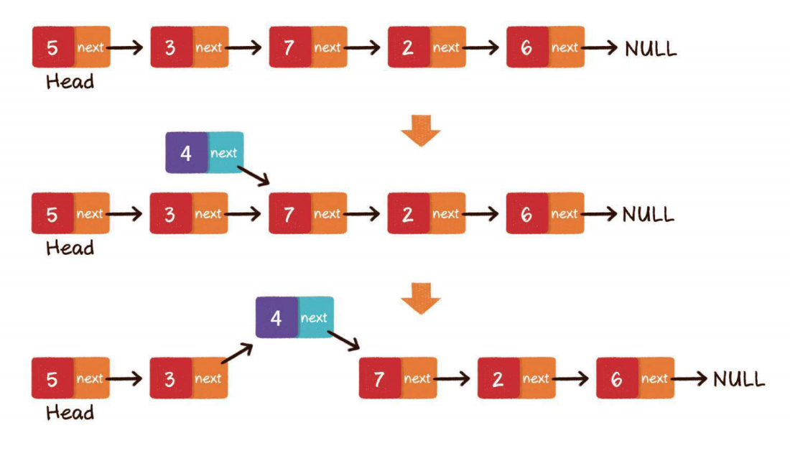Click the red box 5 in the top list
coord(52,47)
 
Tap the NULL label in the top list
coord(650,49)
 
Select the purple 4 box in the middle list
coord(186,152)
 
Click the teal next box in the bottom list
coord(315,317)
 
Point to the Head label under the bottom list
coord(70,413)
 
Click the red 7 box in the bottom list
coord(379,378)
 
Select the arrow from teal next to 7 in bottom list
coord(343,340)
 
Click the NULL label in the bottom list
coord(739,379)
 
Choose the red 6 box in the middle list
coord(526,213)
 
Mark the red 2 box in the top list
coord(408,47)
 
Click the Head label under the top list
coord(70,81)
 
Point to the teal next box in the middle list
coord(225,152)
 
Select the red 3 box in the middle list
coord(170,213)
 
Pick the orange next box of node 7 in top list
coord(328,47)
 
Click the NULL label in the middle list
coord(648,214)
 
